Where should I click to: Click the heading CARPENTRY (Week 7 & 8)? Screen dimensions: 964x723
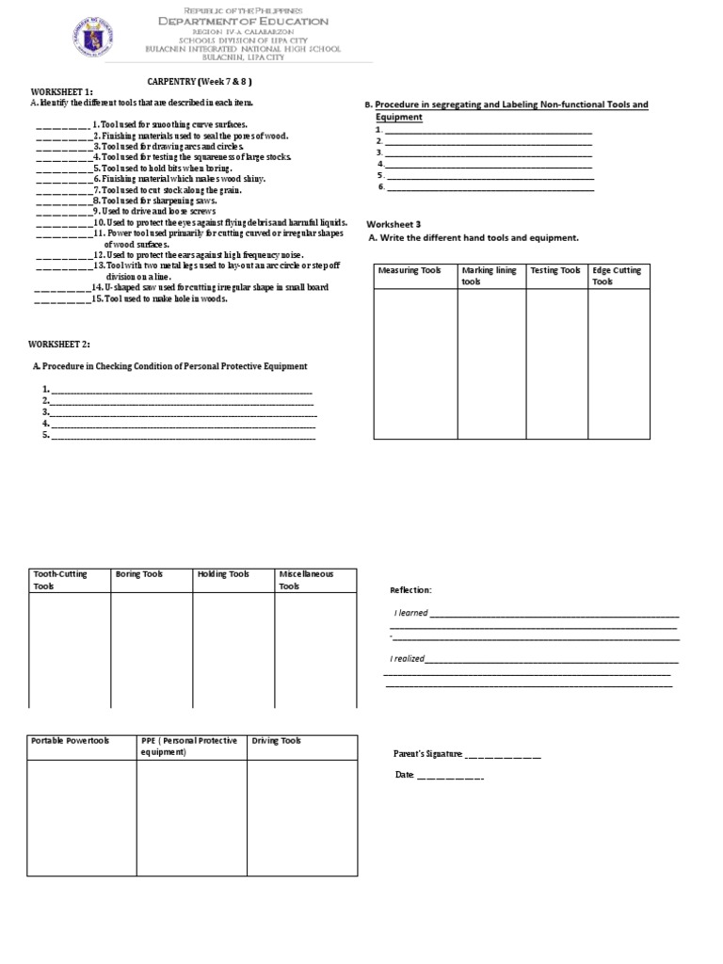[x=200, y=82]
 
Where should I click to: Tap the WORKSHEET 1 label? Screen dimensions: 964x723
[x=61, y=92]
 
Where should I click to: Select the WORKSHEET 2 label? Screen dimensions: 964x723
[x=59, y=345]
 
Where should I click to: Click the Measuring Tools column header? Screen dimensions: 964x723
[x=409, y=271]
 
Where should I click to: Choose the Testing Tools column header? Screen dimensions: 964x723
[x=554, y=271]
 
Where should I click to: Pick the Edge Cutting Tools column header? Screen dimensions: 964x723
[x=617, y=276]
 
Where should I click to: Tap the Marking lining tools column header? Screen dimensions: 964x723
[x=489, y=276]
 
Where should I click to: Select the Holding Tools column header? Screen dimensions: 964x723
[x=223, y=573]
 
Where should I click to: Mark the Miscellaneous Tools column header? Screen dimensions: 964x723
[x=304, y=579]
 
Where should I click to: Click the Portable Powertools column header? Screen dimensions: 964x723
[x=71, y=741]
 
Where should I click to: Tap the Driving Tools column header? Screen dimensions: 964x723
[x=276, y=741]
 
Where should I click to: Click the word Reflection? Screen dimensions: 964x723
[x=410, y=590]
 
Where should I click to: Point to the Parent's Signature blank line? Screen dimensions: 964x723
[x=503, y=755]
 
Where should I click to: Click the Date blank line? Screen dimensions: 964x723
[x=449, y=776]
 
